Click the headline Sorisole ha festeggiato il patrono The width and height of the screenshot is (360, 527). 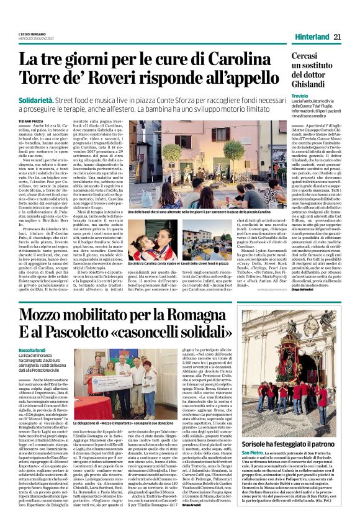tap(292, 445)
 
